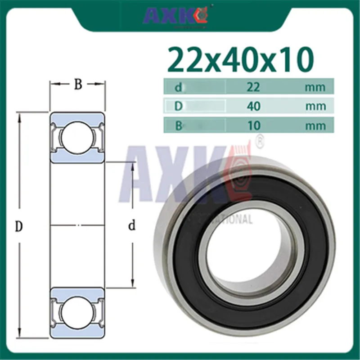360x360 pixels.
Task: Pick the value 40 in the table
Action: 253,106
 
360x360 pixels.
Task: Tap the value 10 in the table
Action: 253,125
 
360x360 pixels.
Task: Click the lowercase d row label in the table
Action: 178,87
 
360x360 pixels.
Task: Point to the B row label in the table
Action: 178,125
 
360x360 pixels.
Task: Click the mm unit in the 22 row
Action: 315,87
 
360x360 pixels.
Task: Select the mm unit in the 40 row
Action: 315,106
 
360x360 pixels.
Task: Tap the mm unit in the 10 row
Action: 315,125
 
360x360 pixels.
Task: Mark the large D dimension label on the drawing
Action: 18,226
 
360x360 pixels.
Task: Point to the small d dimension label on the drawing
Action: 132,226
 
